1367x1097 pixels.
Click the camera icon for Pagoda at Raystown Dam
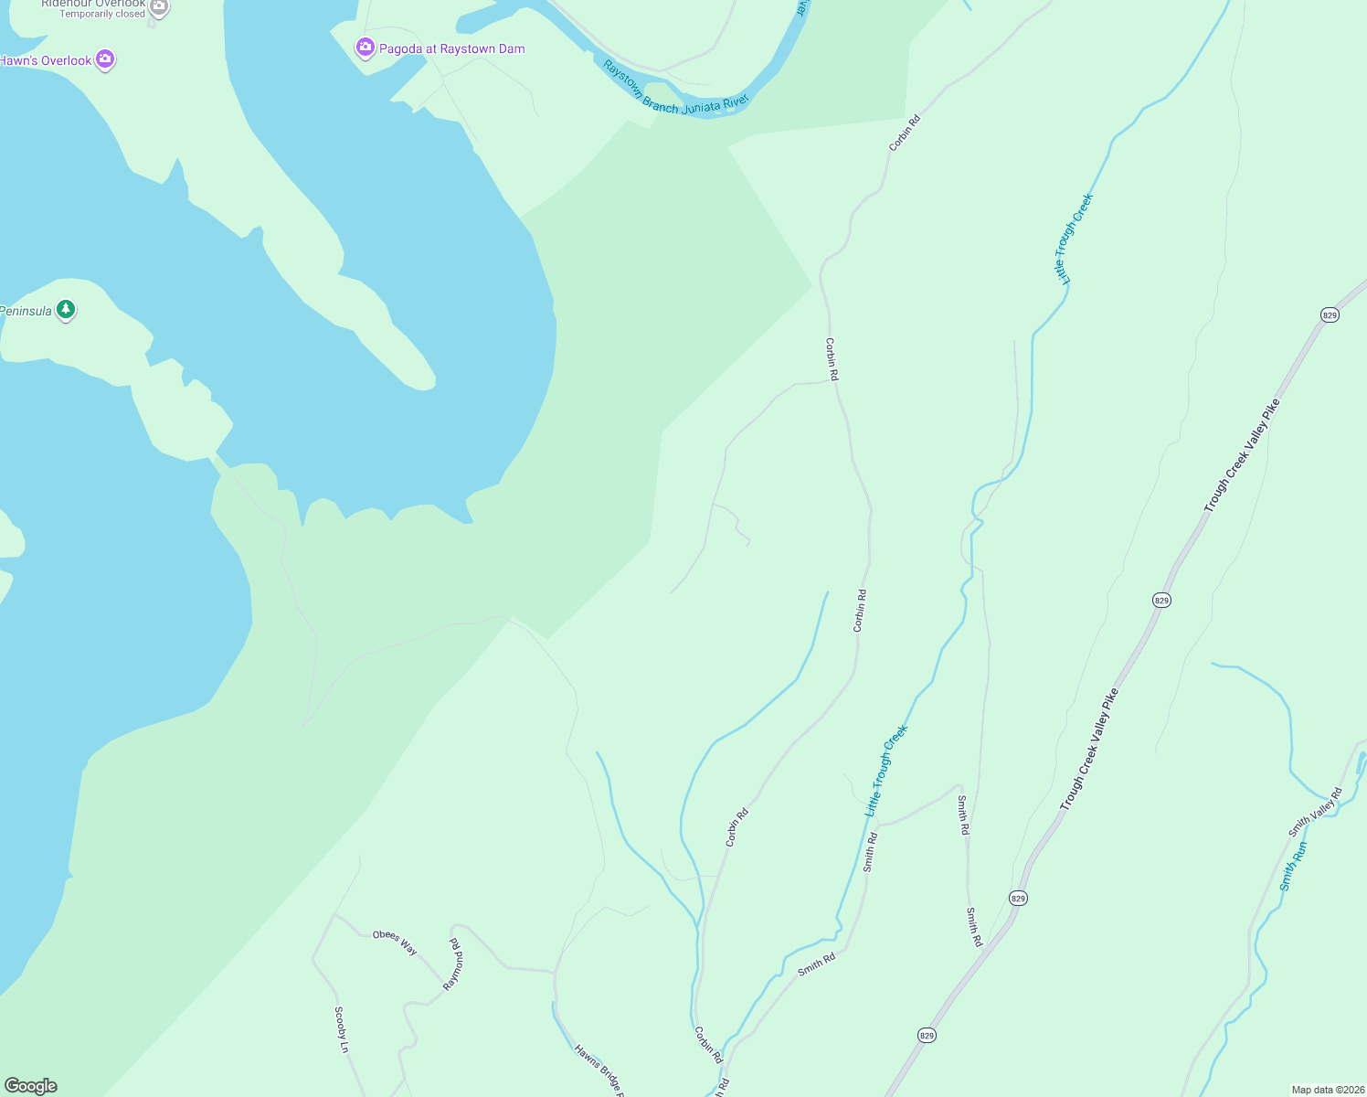(x=366, y=48)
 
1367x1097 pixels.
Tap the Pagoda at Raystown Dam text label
(x=452, y=49)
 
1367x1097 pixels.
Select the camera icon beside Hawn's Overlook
(x=105, y=60)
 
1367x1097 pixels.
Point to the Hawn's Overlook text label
(x=46, y=61)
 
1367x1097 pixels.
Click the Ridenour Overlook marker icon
(x=159, y=8)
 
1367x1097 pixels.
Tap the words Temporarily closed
(x=102, y=15)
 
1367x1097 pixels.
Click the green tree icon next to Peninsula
(x=65, y=310)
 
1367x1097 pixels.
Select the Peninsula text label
(x=26, y=312)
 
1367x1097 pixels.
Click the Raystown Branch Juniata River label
(x=675, y=90)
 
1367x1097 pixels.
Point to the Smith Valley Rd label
(x=1315, y=812)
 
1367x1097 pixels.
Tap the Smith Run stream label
(x=1293, y=867)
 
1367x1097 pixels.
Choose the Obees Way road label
(x=395, y=943)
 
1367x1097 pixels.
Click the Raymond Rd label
(x=453, y=964)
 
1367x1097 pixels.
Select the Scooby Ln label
(x=342, y=1029)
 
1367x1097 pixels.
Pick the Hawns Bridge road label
(x=599, y=1070)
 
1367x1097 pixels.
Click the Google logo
(x=31, y=1086)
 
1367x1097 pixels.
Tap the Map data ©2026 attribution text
(x=1328, y=1090)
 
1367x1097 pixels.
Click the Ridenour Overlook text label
(x=93, y=4)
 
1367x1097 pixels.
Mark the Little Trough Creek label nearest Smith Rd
(x=886, y=771)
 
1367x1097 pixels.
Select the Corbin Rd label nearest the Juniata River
(x=905, y=133)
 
